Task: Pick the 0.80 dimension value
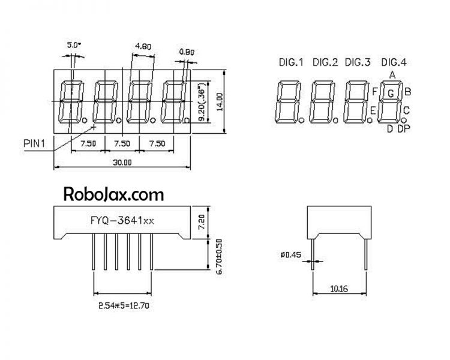[x=187, y=52]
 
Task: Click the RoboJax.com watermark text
[x=113, y=194]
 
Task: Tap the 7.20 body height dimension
[x=202, y=223]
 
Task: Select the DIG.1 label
[x=290, y=62]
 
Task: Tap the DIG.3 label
[x=359, y=62]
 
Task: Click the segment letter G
[x=391, y=93]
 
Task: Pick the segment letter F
[x=374, y=91]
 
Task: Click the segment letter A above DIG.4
[x=392, y=74]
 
